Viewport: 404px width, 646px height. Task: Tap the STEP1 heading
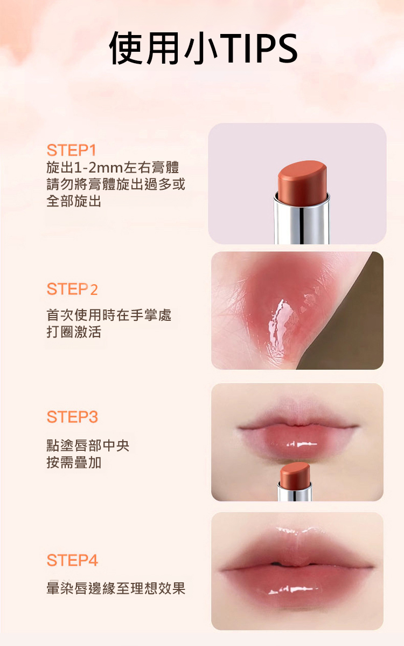click(x=72, y=150)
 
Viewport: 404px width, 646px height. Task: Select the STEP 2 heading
click(x=72, y=289)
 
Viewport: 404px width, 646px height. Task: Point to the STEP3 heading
click(x=72, y=417)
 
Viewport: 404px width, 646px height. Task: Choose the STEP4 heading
click(x=72, y=560)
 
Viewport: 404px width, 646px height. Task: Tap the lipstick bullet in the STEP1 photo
click(x=302, y=181)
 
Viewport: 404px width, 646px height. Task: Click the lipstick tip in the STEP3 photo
click(x=295, y=473)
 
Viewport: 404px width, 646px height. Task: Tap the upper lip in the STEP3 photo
click(x=297, y=417)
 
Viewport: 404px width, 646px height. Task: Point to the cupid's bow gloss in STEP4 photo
click(x=295, y=531)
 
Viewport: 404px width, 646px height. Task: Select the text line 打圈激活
click(x=74, y=332)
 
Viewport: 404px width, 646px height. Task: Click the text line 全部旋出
click(x=74, y=202)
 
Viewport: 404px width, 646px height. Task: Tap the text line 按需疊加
click(x=74, y=463)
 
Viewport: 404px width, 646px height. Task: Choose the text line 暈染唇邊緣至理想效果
click(x=116, y=588)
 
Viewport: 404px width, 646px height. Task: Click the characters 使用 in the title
click(x=144, y=49)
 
